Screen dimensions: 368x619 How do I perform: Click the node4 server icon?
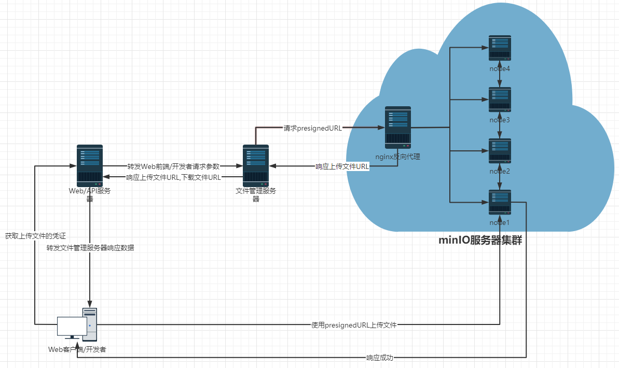coord(500,48)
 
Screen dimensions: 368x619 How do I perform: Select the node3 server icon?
coord(500,99)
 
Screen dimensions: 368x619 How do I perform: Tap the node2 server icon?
coord(500,150)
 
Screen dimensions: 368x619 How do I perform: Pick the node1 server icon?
coord(500,202)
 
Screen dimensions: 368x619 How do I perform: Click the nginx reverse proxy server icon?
coord(398,127)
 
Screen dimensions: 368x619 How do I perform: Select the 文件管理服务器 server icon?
coord(256,166)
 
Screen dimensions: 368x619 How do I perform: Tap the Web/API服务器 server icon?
coord(90,166)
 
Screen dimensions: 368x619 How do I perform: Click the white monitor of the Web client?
coord(72,326)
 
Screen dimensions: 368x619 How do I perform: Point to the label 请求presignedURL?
coord(312,128)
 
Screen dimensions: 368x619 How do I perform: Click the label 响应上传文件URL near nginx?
coord(342,167)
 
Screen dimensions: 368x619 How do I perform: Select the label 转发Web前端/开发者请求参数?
coord(173,166)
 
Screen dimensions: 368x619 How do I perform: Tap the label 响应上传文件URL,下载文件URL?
coord(173,177)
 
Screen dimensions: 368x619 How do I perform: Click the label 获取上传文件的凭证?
coord(35,236)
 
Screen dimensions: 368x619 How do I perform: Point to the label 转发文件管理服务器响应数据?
coord(90,248)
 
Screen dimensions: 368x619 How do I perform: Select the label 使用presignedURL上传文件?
coord(354,325)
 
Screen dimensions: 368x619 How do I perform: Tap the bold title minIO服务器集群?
coord(480,240)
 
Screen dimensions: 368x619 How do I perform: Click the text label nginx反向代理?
coord(398,155)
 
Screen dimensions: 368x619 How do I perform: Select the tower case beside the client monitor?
coord(89,322)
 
